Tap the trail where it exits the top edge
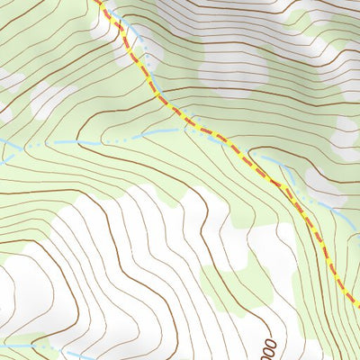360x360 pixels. point(99,3)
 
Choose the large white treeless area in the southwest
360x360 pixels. point(135,252)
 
